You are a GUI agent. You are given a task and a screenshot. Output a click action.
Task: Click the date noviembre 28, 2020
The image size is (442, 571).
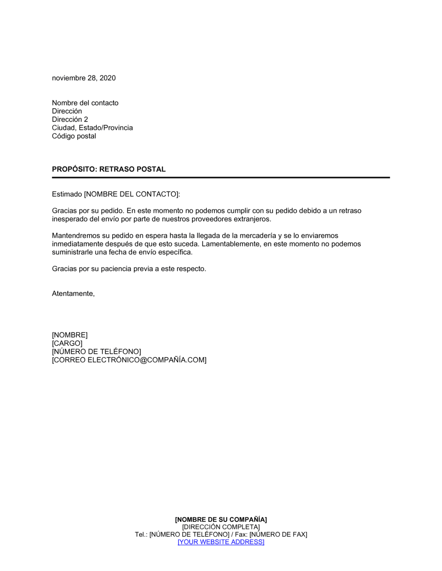click(84, 78)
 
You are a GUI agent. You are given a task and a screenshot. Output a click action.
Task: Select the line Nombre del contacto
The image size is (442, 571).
click(85, 103)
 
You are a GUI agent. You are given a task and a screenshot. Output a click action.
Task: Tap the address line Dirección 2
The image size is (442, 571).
click(70, 120)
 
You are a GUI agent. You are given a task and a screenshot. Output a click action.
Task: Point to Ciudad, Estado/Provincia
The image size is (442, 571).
click(92, 128)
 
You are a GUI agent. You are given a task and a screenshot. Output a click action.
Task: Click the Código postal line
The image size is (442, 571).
click(74, 136)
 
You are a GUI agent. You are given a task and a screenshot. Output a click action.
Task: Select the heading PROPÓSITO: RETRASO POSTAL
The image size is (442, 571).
click(109, 169)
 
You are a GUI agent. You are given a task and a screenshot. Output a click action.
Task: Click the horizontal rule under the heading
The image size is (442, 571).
click(221, 177)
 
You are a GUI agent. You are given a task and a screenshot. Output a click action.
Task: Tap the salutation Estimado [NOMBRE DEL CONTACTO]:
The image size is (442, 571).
click(116, 194)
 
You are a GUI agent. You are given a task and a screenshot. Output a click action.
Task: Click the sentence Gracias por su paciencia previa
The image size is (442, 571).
click(129, 269)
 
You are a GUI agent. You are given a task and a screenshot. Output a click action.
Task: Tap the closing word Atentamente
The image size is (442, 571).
click(73, 293)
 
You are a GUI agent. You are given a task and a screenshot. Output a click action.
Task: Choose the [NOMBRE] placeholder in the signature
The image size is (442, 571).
click(69, 335)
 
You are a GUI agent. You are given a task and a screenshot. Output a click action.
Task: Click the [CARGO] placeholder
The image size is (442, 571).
click(67, 343)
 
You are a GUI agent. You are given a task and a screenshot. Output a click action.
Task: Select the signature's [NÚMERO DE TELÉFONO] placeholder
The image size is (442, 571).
click(96, 352)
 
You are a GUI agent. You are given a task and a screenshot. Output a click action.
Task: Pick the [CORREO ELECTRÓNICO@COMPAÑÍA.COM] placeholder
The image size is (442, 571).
click(129, 360)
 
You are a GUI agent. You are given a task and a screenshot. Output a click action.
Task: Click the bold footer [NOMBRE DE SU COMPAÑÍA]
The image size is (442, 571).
click(221, 520)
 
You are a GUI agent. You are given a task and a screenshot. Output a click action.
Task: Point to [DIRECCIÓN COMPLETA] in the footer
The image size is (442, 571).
click(221, 527)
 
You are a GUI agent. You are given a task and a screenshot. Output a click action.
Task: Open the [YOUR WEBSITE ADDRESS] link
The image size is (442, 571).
click(221, 542)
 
